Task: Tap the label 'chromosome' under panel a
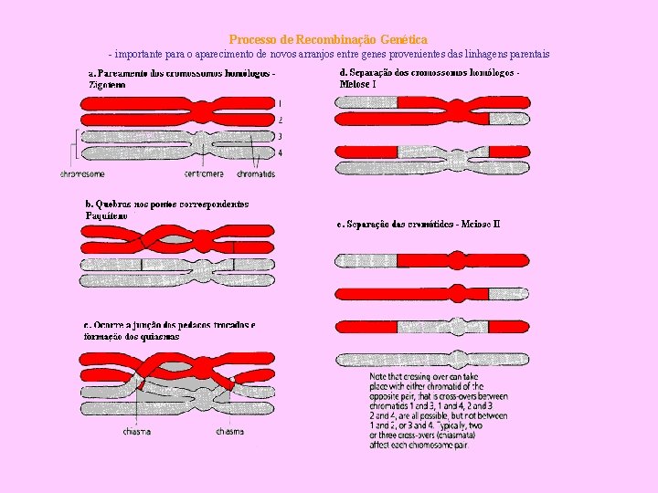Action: [83, 173]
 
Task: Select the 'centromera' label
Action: [204, 173]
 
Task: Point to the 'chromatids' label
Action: [255, 173]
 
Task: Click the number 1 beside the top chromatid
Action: [280, 103]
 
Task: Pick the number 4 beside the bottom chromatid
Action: [280, 152]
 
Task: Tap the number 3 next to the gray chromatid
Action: [280, 136]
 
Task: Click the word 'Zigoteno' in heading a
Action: [107, 84]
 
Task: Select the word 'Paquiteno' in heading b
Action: [106, 215]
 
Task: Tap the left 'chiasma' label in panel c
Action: [138, 432]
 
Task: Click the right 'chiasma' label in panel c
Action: [229, 432]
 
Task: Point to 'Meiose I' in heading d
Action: [358, 84]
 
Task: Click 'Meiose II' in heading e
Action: [481, 224]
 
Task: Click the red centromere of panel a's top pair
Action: [204, 111]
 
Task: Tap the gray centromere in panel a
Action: [204, 144]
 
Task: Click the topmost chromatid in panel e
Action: [432, 260]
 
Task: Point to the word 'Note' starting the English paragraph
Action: [378, 376]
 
